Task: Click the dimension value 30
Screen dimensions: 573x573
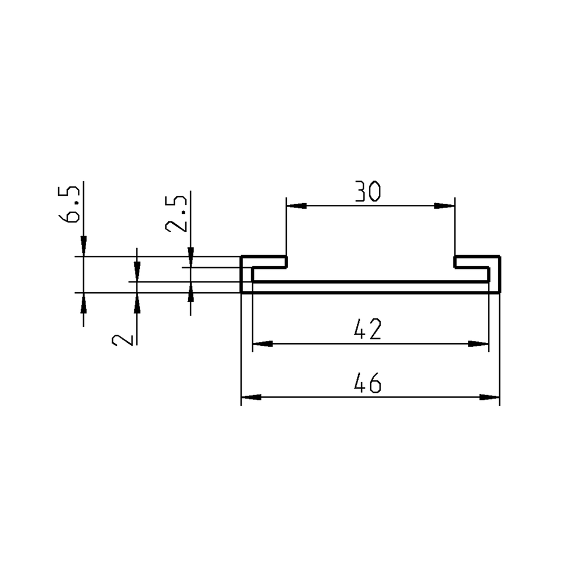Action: [x=368, y=192]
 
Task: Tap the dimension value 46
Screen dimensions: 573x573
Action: [x=368, y=384]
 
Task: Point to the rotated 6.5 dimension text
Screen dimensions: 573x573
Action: [x=72, y=206]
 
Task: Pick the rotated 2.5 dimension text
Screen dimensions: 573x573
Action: [x=176, y=214]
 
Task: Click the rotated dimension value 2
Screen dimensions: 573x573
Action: [x=124, y=339]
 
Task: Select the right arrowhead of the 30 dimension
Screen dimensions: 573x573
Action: [x=445, y=206]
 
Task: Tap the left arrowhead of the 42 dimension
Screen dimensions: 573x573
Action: [x=262, y=344]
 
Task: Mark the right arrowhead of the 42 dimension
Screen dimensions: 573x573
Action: [x=479, y=344]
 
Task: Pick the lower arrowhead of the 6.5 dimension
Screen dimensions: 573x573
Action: [x=83, y=301]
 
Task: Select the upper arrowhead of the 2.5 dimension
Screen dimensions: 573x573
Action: [x=191, y=259]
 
